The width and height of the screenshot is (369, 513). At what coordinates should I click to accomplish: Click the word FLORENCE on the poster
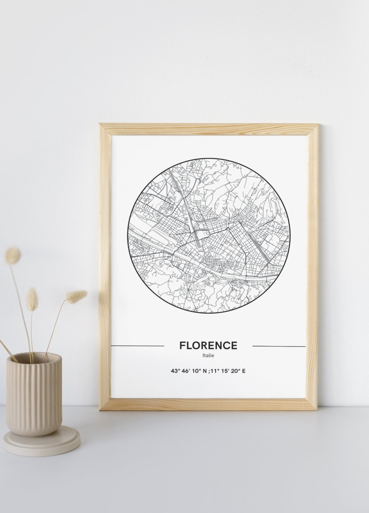(x=208, y=345)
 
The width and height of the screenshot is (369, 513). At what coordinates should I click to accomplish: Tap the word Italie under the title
(x=208, y=356)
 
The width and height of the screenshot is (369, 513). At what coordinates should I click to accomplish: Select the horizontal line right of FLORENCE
(x=279, y=346)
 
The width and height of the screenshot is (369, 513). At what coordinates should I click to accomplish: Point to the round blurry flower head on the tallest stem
(x=14, y=255)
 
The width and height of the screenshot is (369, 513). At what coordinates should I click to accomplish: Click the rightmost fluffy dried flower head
(x=78, y=294)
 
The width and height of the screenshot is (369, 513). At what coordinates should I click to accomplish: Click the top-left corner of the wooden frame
(x=102, y=126)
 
